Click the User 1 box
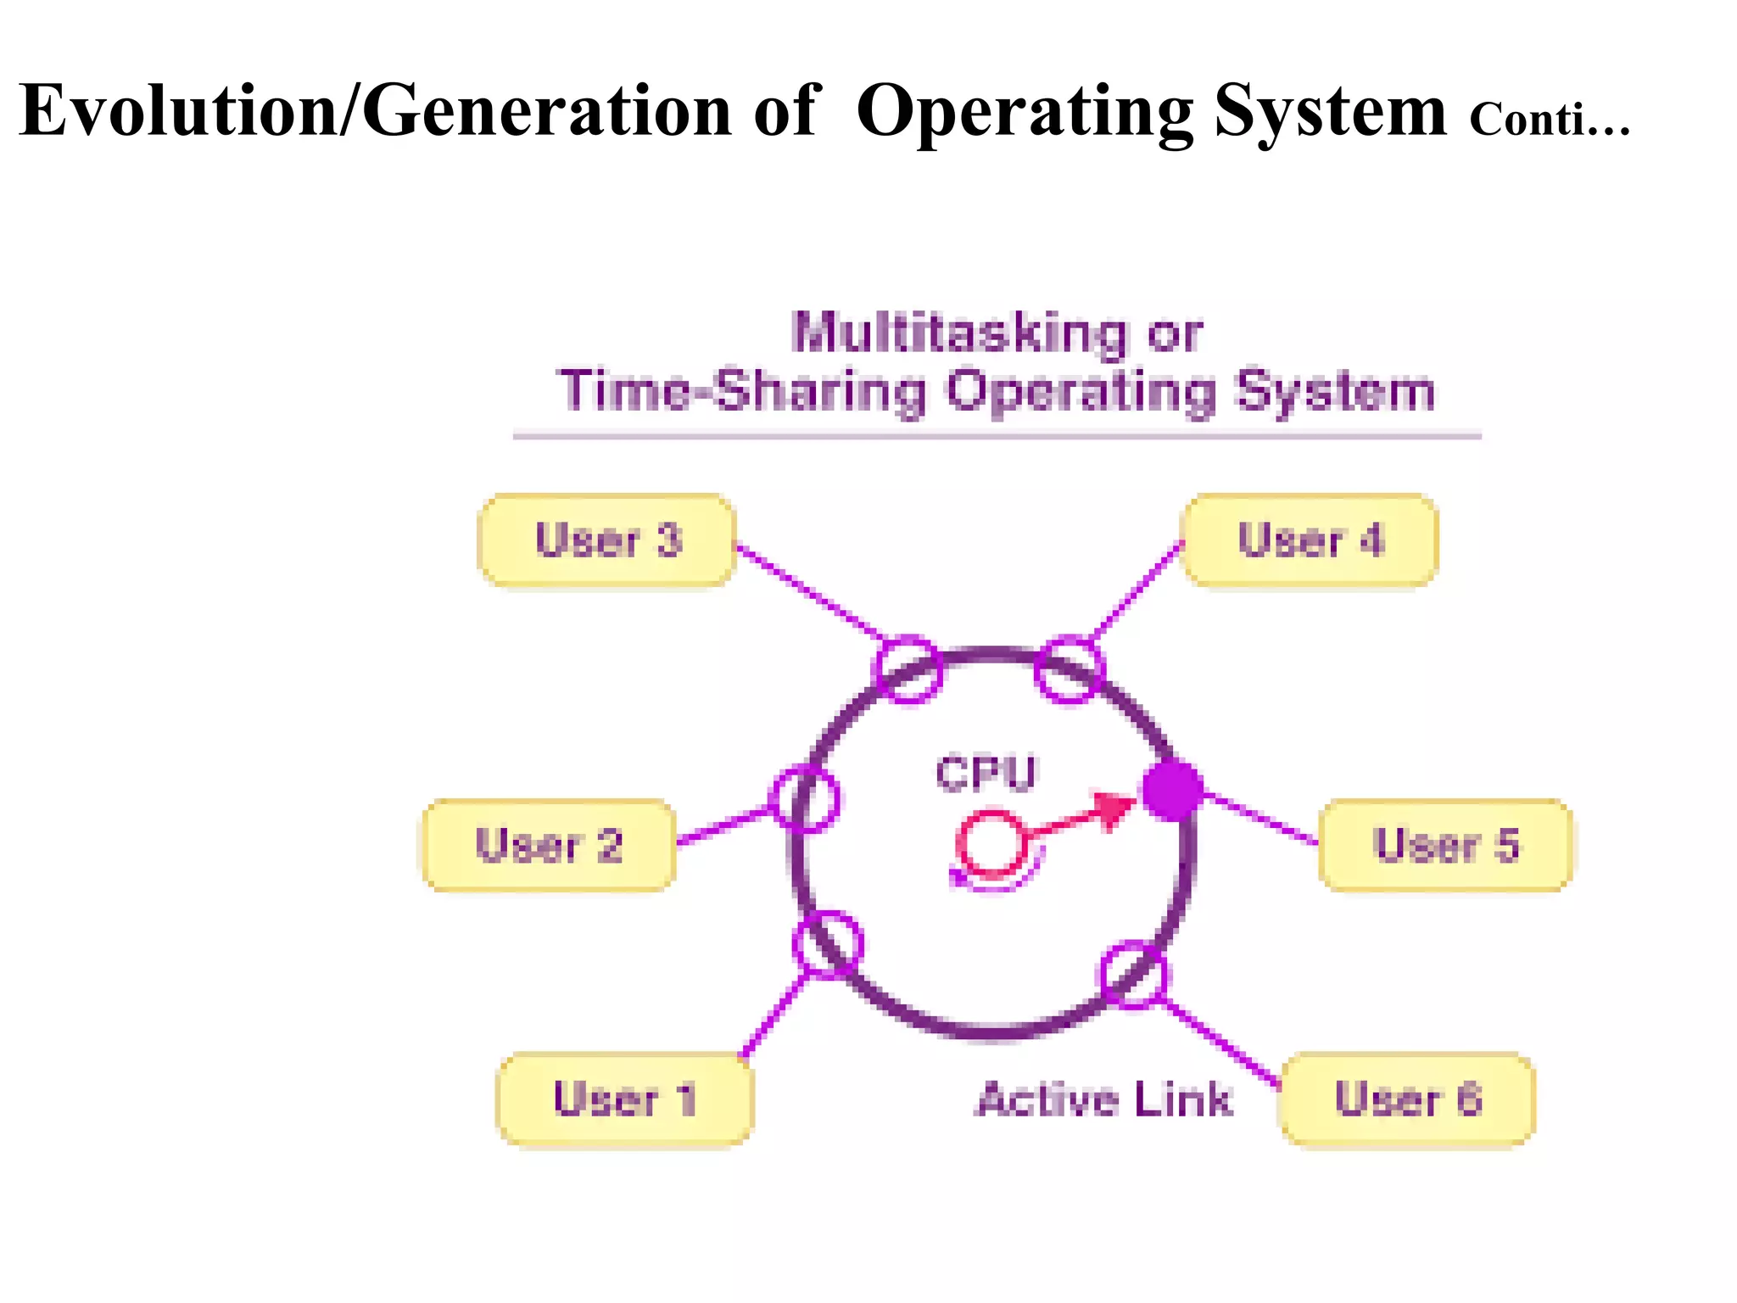[625, 1099]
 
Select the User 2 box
[550, 845]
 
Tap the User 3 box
[607, 540]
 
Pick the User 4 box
[1310, 540]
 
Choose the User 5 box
[1446, 845]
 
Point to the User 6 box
[1408, 1099]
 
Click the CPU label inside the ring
[986, 773]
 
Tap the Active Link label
[1103, 1100]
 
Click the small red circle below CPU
[991, 845]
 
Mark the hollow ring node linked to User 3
[908, 669]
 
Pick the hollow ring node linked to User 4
[1070, 669]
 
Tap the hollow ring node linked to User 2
[804, 798]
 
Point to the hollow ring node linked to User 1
[828, 945]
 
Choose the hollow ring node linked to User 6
[1133, 974]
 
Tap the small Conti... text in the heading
[1549, 119]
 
